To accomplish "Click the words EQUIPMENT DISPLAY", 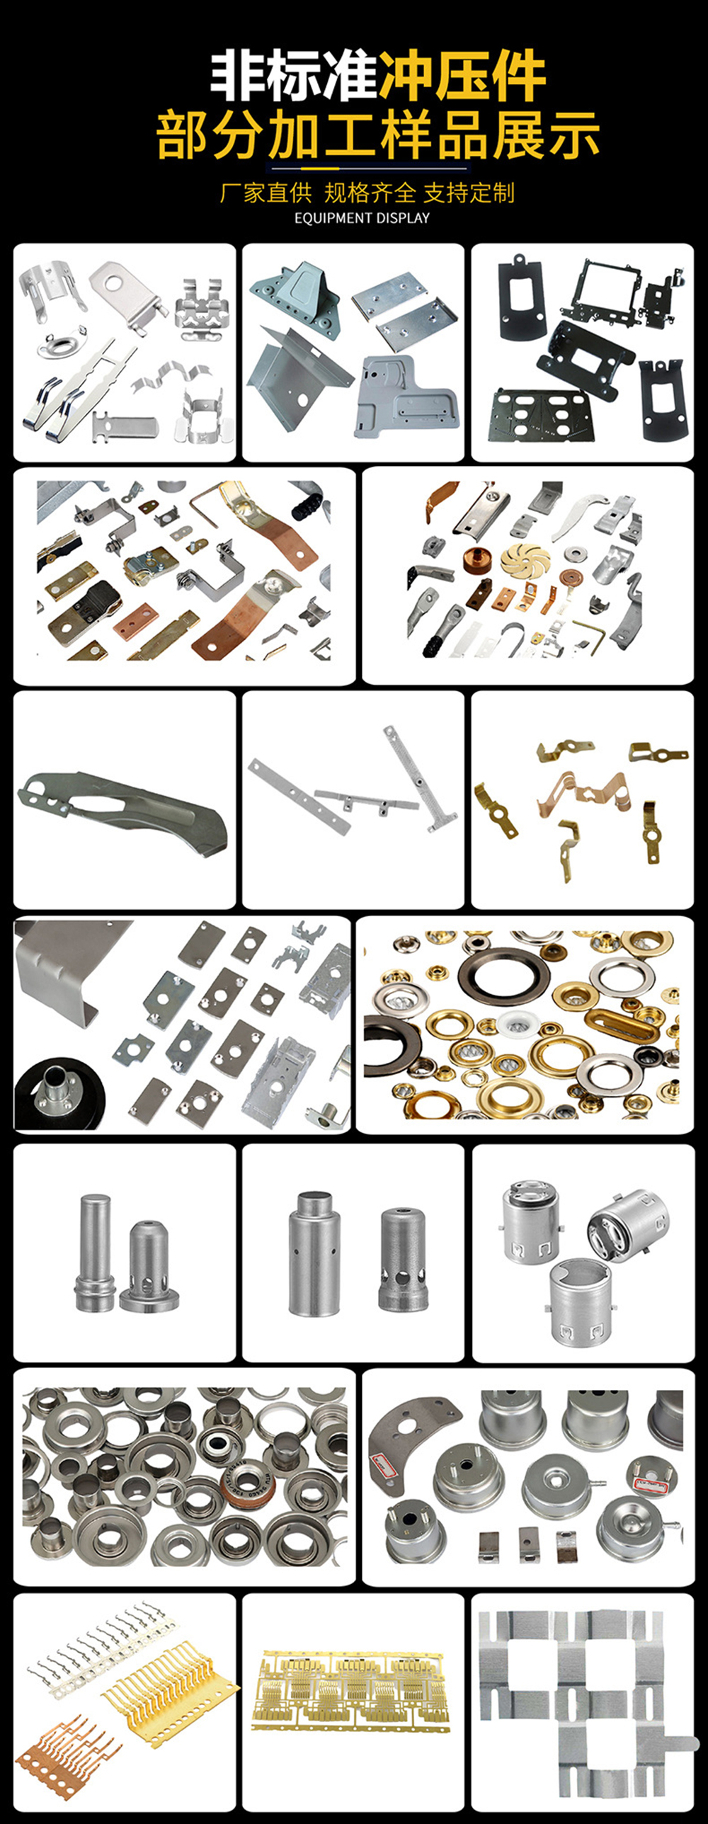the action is click(362, 218).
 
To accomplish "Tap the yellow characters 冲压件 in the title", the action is click(462, 76).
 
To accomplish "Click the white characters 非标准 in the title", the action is click(295, 76).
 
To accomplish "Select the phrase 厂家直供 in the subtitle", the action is click(266, 193).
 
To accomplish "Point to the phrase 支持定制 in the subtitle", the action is click(469, 193).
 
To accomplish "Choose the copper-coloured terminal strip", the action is click(65, 1748).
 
